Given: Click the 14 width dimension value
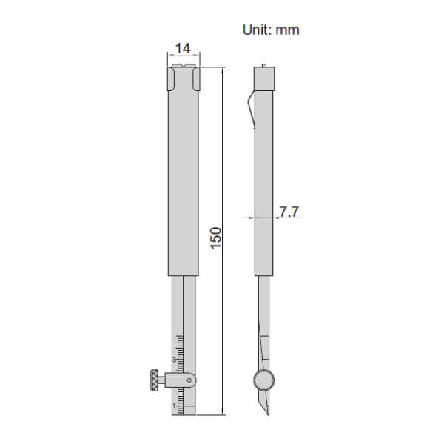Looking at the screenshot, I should pyautogui.click(x=181, y=49).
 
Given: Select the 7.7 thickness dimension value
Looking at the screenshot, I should pyautogui.click(x=289, y=212).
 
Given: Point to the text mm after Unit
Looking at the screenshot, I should pyautogui.click(x=288, y=30).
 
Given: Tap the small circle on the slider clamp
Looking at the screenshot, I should pyautogui.click(x=192, y=381).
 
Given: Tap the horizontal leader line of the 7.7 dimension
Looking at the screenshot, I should pyautogui.click(x=277, y=218).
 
